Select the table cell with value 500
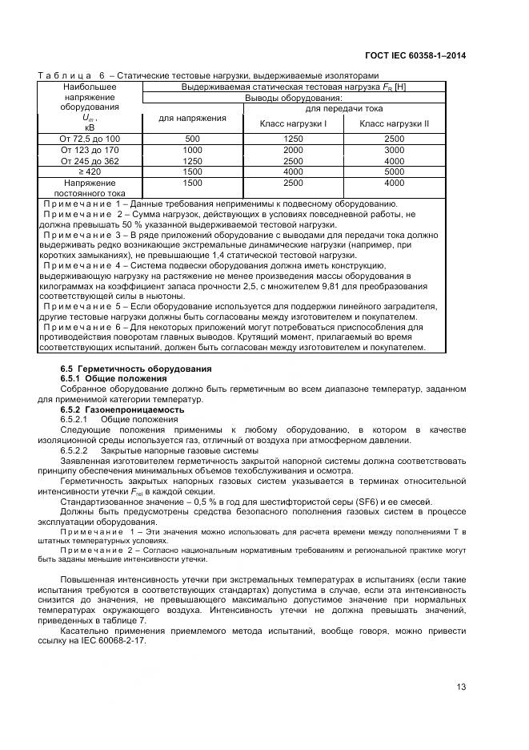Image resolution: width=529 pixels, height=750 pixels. (192, 139)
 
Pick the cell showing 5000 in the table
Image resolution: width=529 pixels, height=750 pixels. (394, 171)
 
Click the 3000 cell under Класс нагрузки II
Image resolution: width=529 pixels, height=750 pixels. (394, 150)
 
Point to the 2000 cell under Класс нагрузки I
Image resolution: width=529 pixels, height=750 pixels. (293, 150)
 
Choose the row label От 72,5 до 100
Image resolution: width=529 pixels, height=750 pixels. (89, 139)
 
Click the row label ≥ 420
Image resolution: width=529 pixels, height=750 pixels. (89, 171)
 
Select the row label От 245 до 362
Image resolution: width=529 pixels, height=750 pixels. (89, 161)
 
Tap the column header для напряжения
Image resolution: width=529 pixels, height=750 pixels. (192, 118)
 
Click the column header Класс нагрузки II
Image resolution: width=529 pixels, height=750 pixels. (394, 123)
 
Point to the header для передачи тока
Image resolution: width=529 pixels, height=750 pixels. (344, 107)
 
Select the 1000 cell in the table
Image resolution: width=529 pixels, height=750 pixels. (192, 150)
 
